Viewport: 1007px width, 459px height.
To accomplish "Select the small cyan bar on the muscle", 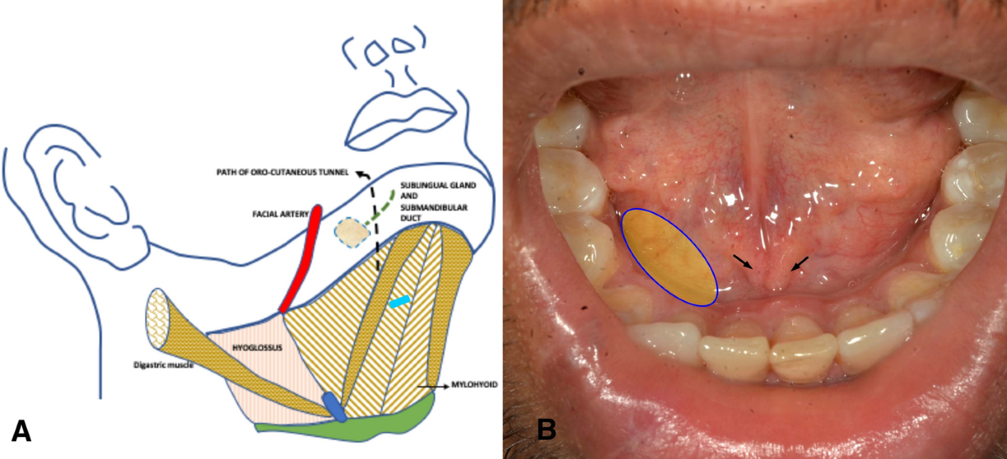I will pyautogui.click(x=400, y=301).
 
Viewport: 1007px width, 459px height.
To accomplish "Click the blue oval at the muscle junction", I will pyautogui.click(x=334, y=407).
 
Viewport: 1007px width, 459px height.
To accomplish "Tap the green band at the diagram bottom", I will pyautogui.click(x=352, y=423).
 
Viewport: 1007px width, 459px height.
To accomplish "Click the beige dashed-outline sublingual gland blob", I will pyautogui.click(x=351, y=232).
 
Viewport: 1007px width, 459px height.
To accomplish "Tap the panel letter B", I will pyautogui.click(x=546, y=430).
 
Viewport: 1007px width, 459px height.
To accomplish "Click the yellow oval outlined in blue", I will pyautogui.click(x=669, y=256).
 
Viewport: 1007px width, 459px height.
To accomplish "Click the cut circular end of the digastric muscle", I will pyautogui.click(x=164, y=319).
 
